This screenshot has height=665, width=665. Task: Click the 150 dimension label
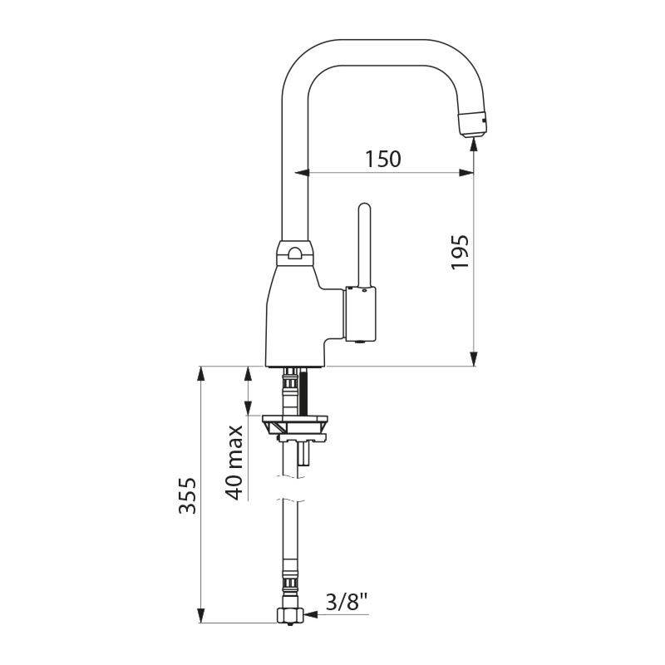click(382, 158)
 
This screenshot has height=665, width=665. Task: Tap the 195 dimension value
click(460, 251)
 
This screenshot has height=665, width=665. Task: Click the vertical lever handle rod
click(364, 244)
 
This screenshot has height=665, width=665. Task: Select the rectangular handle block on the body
click(360, 313)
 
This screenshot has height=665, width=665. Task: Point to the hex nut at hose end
click(290, 616)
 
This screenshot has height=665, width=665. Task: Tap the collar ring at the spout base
click(295, 253)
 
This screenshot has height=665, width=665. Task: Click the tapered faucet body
click(295, 316)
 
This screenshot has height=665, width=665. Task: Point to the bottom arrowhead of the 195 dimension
click(474, 359)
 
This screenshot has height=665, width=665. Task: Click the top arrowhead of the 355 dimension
click(200, 373)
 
